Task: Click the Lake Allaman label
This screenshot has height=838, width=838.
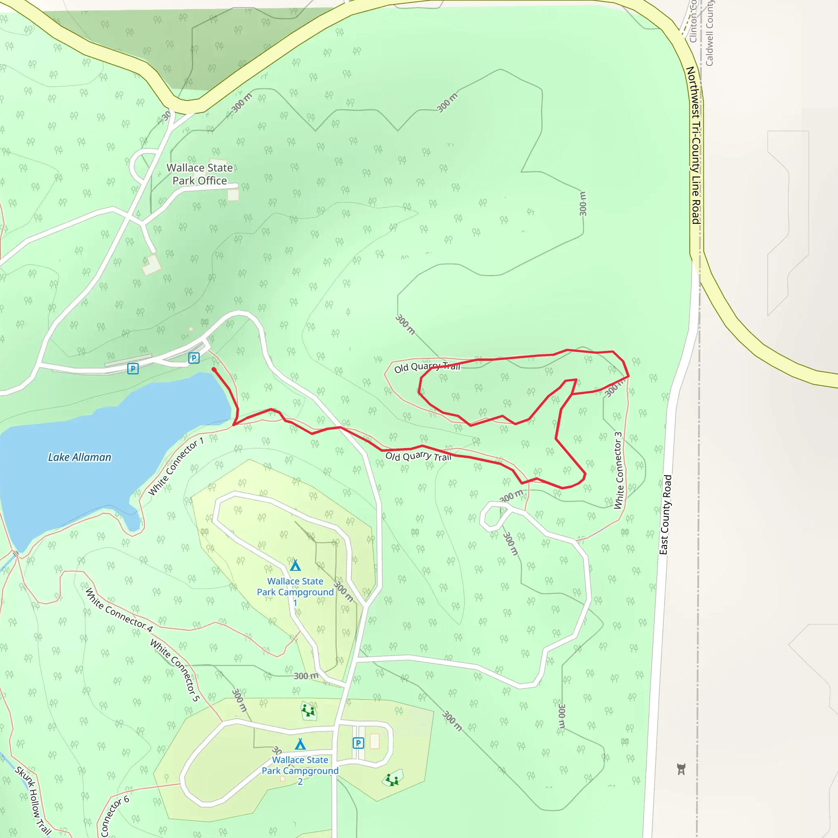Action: tap(79, 457)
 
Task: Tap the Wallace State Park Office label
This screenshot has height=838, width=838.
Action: tap(200, 174)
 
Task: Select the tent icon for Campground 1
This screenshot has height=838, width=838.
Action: tap(295, 565)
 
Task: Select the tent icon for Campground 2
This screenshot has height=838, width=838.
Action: tap(300, 744)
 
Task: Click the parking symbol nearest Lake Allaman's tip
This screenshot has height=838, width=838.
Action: tap(194, 358)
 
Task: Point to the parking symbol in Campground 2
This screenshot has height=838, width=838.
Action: tap(358, 743)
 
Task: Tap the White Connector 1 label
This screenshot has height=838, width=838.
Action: tap(176, 467)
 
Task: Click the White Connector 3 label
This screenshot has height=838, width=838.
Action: tap(618, 470)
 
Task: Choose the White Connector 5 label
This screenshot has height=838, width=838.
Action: tap(175, 670)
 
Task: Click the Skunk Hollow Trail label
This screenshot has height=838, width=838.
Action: tap(33, 801)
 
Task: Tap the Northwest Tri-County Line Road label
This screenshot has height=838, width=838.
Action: tap(695, 145)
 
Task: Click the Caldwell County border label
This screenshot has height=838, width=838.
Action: tap(709, 33)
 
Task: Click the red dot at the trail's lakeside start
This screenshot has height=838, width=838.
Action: tap(214, 369)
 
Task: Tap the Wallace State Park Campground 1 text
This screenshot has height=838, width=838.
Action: tap(295, 592)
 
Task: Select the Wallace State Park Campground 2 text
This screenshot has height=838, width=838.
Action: tap(300, 770)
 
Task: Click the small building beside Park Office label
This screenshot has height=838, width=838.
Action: tap(233, 195)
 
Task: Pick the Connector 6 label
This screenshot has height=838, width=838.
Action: tap(114, 816)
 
